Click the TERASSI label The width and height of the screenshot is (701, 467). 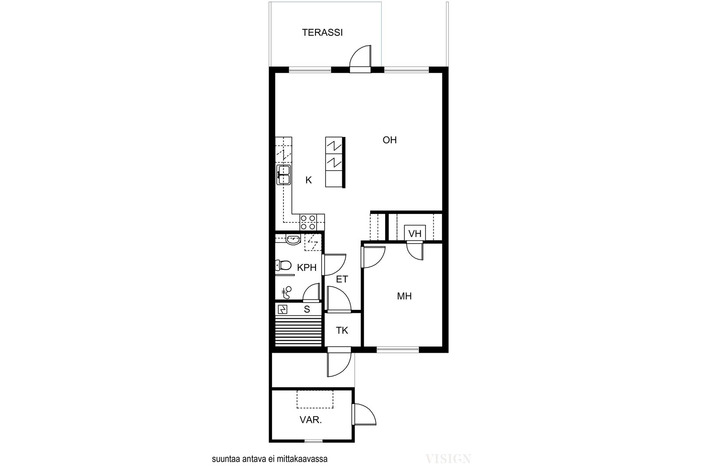coord(322,32)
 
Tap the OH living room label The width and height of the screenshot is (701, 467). coord(389,140)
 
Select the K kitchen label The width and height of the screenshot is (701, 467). coord(308,180)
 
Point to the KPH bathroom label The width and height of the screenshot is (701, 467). coord(307,267)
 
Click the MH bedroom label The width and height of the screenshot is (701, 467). coord(404,296)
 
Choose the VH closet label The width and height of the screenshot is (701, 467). coord(415,234)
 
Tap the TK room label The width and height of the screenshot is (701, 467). coord(342,330)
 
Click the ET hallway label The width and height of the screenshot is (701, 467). coord(342,279)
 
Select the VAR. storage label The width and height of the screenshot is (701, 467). coord(311,420)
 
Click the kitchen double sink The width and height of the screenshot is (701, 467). coord(283,175)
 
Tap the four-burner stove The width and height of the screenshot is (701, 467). coord(308,222)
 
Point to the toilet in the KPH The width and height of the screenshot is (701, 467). coord(283,266)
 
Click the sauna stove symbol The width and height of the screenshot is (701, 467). coord(283,309)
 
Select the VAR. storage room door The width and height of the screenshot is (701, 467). coord(364,414)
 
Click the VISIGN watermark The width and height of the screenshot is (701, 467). coord(448,459)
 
